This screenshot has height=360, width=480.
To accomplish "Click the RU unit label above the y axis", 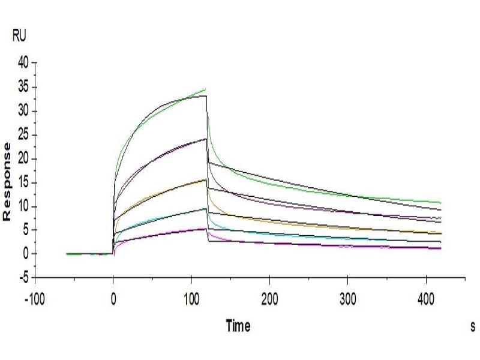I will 19,37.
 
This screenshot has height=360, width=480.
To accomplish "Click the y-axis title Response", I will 7,181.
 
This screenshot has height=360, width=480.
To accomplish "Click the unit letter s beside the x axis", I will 473,327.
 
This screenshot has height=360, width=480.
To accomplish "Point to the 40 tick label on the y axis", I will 23,63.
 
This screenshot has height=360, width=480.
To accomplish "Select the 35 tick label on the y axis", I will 23,87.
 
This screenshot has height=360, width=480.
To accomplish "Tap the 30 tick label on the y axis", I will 23,111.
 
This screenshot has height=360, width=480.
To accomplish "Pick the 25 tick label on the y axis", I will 23,135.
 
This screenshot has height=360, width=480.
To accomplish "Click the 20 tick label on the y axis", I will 23,159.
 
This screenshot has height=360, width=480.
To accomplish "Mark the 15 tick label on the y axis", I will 23,183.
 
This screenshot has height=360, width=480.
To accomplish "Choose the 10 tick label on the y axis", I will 23,207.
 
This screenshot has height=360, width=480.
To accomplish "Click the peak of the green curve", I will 206,89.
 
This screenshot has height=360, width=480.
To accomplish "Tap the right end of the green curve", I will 441,203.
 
